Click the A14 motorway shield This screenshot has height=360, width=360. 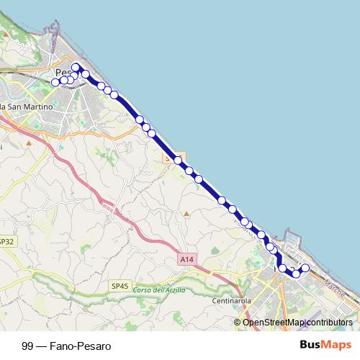(x=186, y=258)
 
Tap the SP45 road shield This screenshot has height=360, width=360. (x=120, y=285)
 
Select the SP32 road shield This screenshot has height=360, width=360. (x=7, y=241)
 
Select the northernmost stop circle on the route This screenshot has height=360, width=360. (x=76, y=67)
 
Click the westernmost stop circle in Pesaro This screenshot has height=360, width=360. (x=55, y=82)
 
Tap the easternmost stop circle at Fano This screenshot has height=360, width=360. (x=305, y=269)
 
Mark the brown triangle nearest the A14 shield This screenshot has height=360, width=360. (x=186, y=214)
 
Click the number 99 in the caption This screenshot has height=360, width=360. (x=27, y=346)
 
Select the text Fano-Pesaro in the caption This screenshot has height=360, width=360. (x=81, y=346)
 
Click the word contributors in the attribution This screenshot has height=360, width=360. (x=330, y=323)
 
